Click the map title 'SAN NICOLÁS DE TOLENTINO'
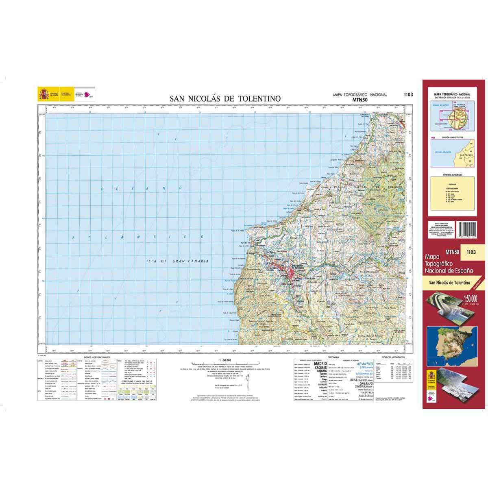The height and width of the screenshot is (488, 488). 225,98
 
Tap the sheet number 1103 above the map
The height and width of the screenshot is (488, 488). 408,95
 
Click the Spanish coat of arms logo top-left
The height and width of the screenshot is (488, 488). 44,94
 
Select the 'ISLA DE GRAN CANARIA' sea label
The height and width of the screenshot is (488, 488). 177,261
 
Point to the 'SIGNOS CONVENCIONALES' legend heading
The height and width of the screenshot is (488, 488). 96,357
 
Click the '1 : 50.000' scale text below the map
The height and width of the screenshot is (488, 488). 224,360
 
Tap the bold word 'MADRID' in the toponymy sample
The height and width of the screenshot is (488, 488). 320,364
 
